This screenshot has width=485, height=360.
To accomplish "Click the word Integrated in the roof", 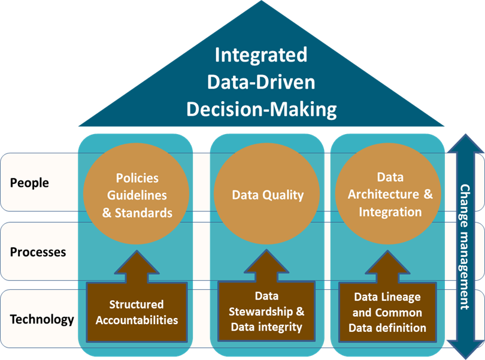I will click(x=261, y=55).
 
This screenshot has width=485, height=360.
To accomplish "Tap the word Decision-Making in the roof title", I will click(x=261, y=109).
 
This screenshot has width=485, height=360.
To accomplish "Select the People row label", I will click(x=29, y=183).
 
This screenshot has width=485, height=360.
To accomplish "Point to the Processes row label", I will click(x=38, y=252).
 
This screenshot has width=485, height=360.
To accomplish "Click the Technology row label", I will click(x=42, y=319).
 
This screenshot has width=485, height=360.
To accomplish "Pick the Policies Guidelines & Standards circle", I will click(x=138, y=195).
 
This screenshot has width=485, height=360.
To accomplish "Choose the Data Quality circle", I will click(x=268, y=195).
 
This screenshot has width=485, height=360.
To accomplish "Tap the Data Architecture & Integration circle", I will click(x=390, y=194).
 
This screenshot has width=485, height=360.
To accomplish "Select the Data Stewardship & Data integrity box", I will click(x=267, y=312).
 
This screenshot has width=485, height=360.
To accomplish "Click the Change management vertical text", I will click(x=465, y=246).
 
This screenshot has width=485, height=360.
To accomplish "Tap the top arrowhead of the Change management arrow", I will click(x=465, y=144).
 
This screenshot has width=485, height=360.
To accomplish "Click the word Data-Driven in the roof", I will click(x=261, y=82).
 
